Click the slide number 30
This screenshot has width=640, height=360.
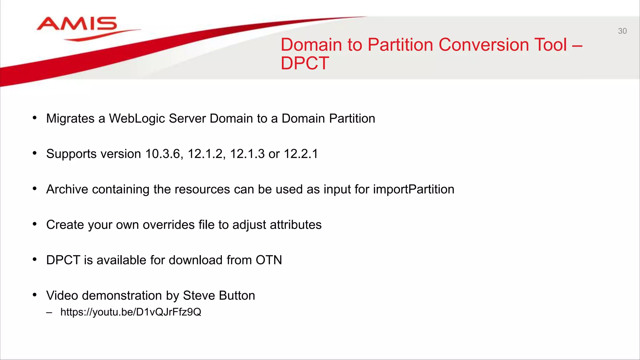click(622, 31)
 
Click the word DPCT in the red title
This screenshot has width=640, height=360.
click(305, 63)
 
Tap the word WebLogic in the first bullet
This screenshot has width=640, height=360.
click(137, 119)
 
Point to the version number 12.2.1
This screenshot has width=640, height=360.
click(301, 154)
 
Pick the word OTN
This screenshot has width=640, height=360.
click(269, 260)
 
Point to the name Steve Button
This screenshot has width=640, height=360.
click(219, 296)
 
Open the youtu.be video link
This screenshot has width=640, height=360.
click(131, 312)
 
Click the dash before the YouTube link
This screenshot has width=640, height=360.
click(49, 312)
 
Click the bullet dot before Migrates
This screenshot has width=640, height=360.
click(35, 118)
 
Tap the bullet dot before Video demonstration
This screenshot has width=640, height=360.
click(35, 295)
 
